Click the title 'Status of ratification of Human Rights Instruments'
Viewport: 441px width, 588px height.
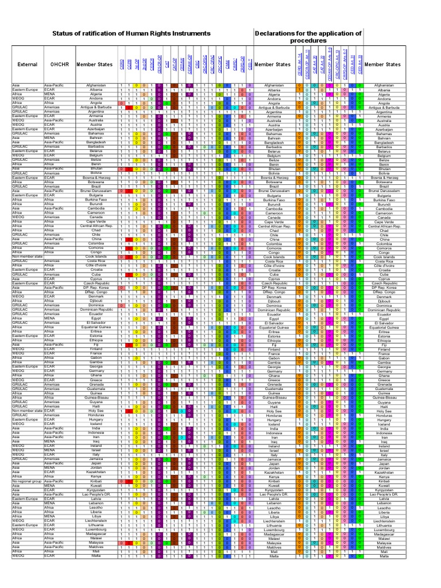click(131, 34)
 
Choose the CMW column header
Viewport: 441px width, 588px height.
click(227, 65)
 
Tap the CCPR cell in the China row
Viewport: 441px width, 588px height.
click(129, 239)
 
